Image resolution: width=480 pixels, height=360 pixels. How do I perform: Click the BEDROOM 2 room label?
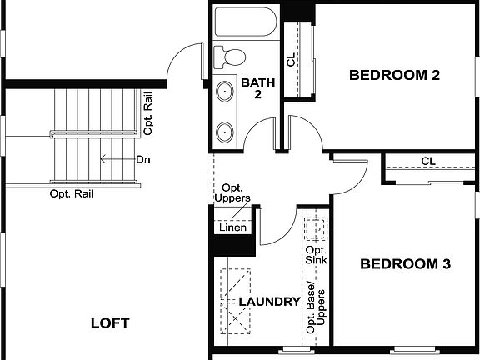tap(394, 75)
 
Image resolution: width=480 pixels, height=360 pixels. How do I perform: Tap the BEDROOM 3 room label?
tap(405, 264)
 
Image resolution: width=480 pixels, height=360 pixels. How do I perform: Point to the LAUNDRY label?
tap(269, 302)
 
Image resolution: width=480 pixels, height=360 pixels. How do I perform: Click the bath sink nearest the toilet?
tap(225, 91)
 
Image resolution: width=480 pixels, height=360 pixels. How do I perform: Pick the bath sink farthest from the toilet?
tap(225, 131)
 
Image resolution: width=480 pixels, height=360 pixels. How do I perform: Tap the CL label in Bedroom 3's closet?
tap(428, 161)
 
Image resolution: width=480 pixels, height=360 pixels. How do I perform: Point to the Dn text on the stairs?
tap(142, 158)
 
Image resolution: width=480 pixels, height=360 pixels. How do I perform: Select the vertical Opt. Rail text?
tap(148, 117)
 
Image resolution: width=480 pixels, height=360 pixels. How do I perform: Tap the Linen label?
tap(232, 227)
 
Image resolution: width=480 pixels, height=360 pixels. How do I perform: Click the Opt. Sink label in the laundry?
tap(316, 255)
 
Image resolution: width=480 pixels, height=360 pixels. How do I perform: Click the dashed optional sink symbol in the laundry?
tap(316, 228)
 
